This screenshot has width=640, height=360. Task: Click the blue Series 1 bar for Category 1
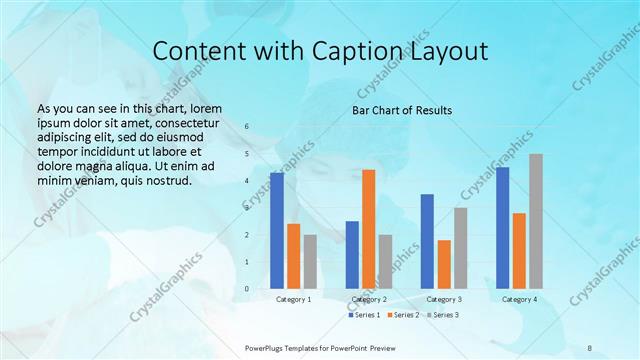pos(277,231)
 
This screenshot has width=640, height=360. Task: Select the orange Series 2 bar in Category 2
pos(369,229)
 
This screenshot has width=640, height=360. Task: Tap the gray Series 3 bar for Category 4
pos(536,221)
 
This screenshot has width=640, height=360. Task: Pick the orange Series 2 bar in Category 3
pos(444,264)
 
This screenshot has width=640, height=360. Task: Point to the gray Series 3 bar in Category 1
pos(310,262)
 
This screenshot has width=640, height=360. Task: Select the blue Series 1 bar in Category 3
pos(427,241)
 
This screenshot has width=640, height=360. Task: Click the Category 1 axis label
pos(293,299)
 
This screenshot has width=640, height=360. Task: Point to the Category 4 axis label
pos(519,299)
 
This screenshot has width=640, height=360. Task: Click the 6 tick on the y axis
pos(245,127)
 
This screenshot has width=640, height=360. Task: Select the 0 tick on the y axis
pos(245,289)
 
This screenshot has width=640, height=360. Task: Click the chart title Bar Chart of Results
pos(402,110)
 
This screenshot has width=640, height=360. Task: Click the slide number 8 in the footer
pos(589,347)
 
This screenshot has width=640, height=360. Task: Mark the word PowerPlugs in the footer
pos(266,347)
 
